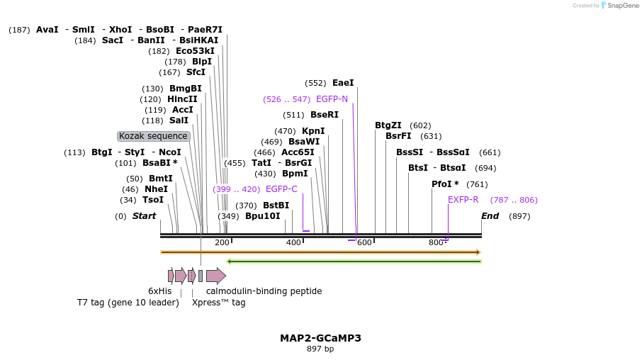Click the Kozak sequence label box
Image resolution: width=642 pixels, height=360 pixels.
tap(154, 136)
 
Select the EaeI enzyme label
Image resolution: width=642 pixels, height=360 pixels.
tap(343, 83)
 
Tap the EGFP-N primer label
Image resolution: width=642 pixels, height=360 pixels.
tap(332, 99)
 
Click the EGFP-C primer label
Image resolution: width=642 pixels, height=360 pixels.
tap(281, 189)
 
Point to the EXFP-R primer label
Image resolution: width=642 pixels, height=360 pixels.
tap(463, 200)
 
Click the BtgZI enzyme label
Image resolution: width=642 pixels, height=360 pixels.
tap(388, 125)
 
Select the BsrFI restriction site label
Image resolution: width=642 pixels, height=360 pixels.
tap(398, 136)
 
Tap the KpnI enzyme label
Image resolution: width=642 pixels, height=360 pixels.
tap(313, 131)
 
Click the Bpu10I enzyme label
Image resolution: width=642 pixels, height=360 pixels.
tap(263, 216)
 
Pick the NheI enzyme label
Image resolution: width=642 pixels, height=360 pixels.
tap(156, 189)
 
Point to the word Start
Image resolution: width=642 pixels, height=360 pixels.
tap(144, 216)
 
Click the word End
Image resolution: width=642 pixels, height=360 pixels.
tap(490, 216)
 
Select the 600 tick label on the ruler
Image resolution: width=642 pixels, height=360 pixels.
tap(364, 243)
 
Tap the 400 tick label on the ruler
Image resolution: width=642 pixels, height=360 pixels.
tap(293, 243)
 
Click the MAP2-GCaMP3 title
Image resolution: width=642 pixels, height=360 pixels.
tap(320, 338)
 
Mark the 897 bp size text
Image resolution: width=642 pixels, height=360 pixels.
tap(320, 349)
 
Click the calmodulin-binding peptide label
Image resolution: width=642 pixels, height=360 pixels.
tap(264, 291)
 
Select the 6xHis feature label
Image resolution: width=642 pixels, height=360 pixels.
tap(159, 291)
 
